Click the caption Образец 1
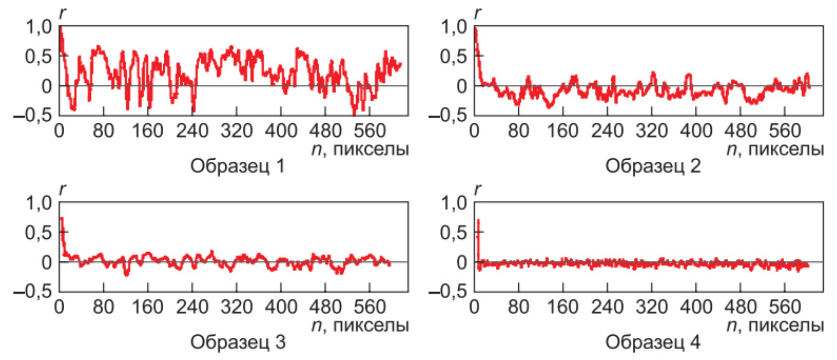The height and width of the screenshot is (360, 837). point(237,166)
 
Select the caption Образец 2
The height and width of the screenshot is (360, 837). point(653,166)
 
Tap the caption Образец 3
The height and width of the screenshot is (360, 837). point(237,342)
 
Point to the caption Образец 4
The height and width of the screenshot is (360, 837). point(653,342)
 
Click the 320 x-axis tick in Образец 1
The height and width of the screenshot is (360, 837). point(237,131)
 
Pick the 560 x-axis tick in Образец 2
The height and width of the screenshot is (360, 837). point(785,131)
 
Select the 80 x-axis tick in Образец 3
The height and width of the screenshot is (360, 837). point(103,307)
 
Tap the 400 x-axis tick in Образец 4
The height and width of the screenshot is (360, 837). point(696,307)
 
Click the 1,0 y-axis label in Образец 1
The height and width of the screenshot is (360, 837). point(39,27)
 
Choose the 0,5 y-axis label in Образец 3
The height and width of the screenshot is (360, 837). point(39,232)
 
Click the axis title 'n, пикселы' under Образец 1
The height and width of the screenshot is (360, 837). point(360,149)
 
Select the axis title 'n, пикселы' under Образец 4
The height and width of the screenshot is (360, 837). point(775,325)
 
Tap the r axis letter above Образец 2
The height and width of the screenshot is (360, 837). point(477,13)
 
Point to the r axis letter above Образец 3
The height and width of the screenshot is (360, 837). point(62,189)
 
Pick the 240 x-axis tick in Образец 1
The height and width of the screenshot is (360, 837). point(192,131)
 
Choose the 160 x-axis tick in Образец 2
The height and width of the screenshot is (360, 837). point(563,131)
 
